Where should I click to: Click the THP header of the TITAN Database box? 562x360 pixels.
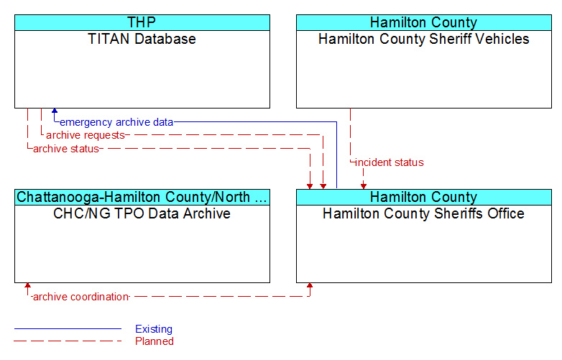coord(142,22)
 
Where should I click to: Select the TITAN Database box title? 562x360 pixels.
coord(142,39)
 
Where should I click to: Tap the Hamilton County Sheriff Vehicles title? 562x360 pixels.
coord(423,39)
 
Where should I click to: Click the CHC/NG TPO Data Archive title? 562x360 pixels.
coord(142,213)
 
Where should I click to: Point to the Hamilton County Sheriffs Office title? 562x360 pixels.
coord(423,213)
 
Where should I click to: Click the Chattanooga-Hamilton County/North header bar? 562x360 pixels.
coord(142,198)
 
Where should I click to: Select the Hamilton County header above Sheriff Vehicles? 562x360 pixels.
coord(423,22)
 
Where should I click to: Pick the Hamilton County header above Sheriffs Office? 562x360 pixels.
coord(423,198)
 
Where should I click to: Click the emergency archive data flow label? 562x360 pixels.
coord(116,122)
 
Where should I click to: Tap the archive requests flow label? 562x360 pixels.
coord(86,135)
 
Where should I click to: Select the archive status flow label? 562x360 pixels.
coord(66,149)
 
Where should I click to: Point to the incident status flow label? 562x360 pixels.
coord(390,162)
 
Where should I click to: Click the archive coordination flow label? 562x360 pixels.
coord(80,297)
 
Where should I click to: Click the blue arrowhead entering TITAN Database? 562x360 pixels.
coord(55,111)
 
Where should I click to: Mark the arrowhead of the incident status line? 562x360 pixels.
coord(364,186)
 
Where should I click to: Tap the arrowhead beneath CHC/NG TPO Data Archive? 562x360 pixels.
coord(27,286)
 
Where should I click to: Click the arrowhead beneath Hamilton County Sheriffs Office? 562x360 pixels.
coord(310,286)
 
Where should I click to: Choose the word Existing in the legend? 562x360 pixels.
coord(154,329)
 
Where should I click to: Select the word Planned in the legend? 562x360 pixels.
coord(155,341)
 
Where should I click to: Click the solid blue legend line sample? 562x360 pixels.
coord(68,328)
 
